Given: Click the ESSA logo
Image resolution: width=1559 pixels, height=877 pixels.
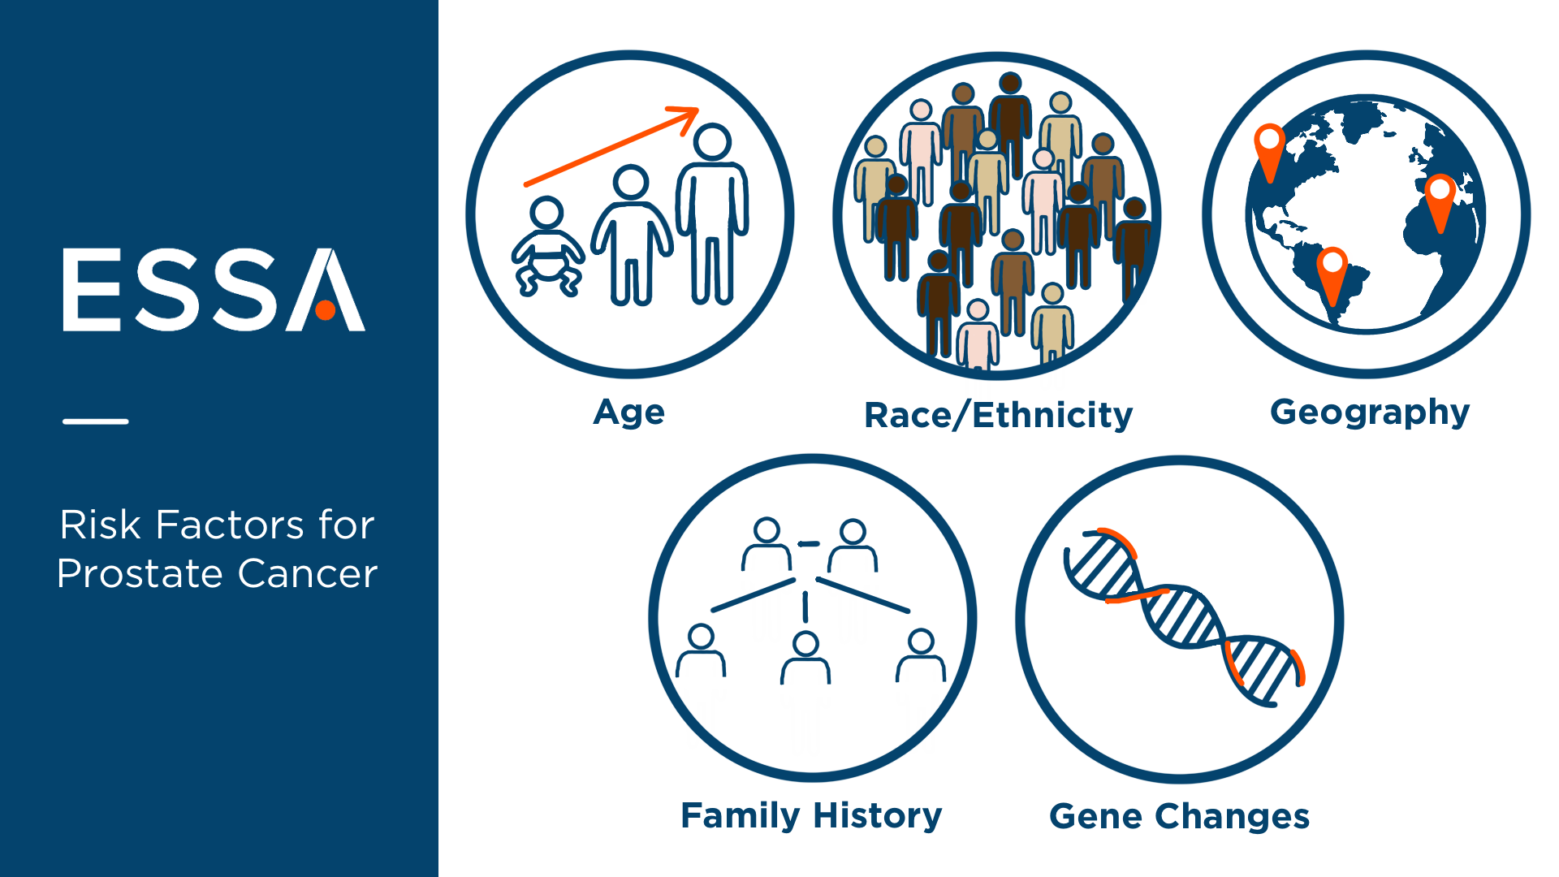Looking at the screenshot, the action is (x=214, y=290).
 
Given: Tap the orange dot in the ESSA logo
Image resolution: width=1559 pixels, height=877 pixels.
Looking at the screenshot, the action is (x=326, y=310).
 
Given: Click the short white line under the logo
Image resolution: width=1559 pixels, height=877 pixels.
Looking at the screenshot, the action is (x=96, y=421).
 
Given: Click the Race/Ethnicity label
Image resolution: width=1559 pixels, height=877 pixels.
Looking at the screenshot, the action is (x=998, y=415).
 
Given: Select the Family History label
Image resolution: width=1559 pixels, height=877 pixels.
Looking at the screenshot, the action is (x=811, y=816).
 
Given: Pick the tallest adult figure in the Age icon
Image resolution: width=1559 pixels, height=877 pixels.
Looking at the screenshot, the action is (x=713, y=214).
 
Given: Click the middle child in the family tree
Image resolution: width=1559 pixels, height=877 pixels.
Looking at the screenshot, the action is (x=805, y=658).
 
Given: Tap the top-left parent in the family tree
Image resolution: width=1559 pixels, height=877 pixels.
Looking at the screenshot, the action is (x=767, y=544).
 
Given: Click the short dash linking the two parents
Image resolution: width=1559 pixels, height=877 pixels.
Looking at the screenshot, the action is (x=809, y=543).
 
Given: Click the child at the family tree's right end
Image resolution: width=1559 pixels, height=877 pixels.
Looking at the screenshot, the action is (x=921, y=655).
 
